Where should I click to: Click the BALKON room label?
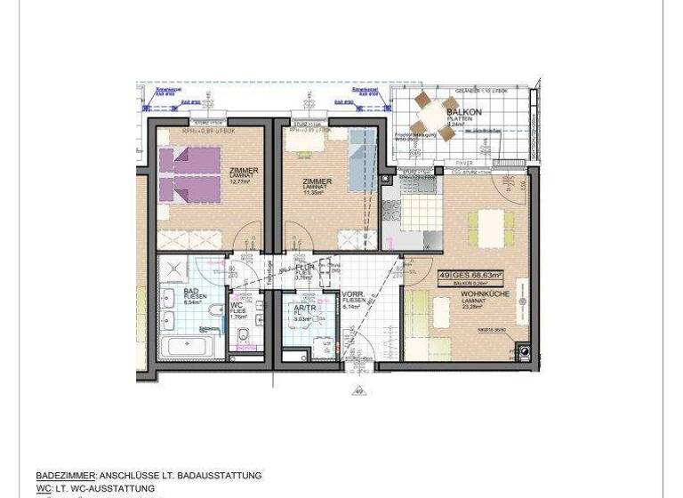point(464,113)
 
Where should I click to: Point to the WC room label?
point(237,305)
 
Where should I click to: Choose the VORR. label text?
point(351,294)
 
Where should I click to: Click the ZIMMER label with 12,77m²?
point(244,171)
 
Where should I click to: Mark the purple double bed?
point(189,175)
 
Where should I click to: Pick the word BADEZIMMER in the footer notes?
point(65,476)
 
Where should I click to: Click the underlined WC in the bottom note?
point(43,488)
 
